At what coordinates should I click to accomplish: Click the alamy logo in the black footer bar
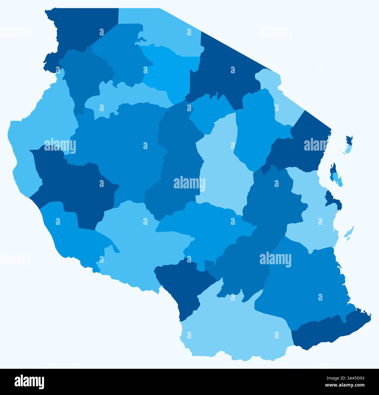(29, 382)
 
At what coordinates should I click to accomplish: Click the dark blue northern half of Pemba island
(349, 140)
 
